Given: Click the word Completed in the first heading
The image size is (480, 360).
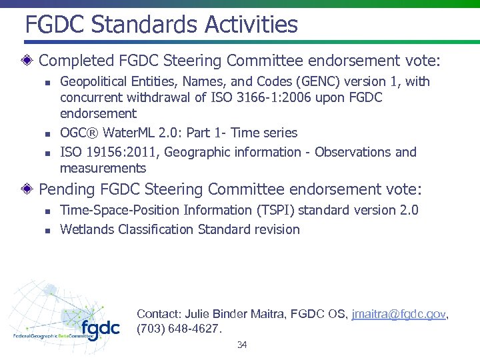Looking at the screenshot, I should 75,61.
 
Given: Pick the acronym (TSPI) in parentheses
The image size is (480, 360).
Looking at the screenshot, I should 273,211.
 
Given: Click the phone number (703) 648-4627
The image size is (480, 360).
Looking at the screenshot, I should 178,329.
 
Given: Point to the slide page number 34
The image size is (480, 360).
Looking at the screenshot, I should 242,345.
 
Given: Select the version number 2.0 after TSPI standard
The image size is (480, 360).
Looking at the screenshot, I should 407,211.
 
